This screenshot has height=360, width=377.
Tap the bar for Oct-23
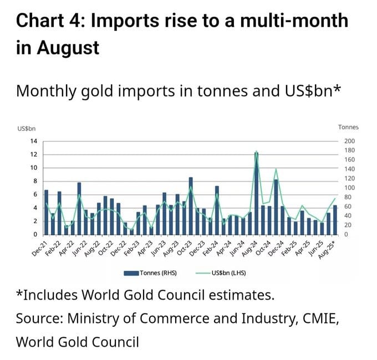[191, 205]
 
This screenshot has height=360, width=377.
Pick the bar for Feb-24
[217, 210]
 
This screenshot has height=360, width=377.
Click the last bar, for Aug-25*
[335, 220]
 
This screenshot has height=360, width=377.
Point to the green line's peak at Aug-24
[256, 152]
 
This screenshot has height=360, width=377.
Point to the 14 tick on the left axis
[33, 141]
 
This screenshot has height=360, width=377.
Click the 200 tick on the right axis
[349, 141]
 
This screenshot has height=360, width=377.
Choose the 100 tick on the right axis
[349, 188]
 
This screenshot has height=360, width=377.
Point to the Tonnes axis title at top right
[348, 128]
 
